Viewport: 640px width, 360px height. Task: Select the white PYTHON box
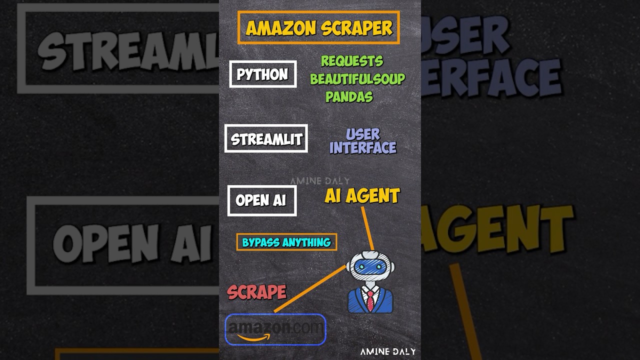click(x=262, y=74)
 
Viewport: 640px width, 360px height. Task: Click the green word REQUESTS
click(x=351, y=61)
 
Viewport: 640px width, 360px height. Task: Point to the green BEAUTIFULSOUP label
click(x=357, y=79)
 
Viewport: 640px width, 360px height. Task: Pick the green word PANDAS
click(x=349, y=96)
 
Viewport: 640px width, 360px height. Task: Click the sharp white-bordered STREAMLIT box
click(x=266, y=138)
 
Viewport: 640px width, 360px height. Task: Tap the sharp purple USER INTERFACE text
click(x=362, y=141)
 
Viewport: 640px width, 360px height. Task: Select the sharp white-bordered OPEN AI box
click(x=261, y=200)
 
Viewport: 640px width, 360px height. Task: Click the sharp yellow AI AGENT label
click(x=362, y=196)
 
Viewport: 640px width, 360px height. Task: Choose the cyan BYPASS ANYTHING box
click(x=286, y=242)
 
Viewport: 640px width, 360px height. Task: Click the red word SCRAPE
click(x=256, y=292)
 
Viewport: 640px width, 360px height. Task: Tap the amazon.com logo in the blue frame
click(x=275, y=328)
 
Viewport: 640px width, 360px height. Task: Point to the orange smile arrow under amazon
click(x=253, y=337)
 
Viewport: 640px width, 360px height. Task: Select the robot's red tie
click(x=370, y=300)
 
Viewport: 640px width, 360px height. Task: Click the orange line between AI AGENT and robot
click(x=367, y=227)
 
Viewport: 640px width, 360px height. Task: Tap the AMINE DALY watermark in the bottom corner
click(x=387, y=351)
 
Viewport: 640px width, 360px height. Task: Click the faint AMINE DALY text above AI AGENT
click(x=319, y=181)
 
